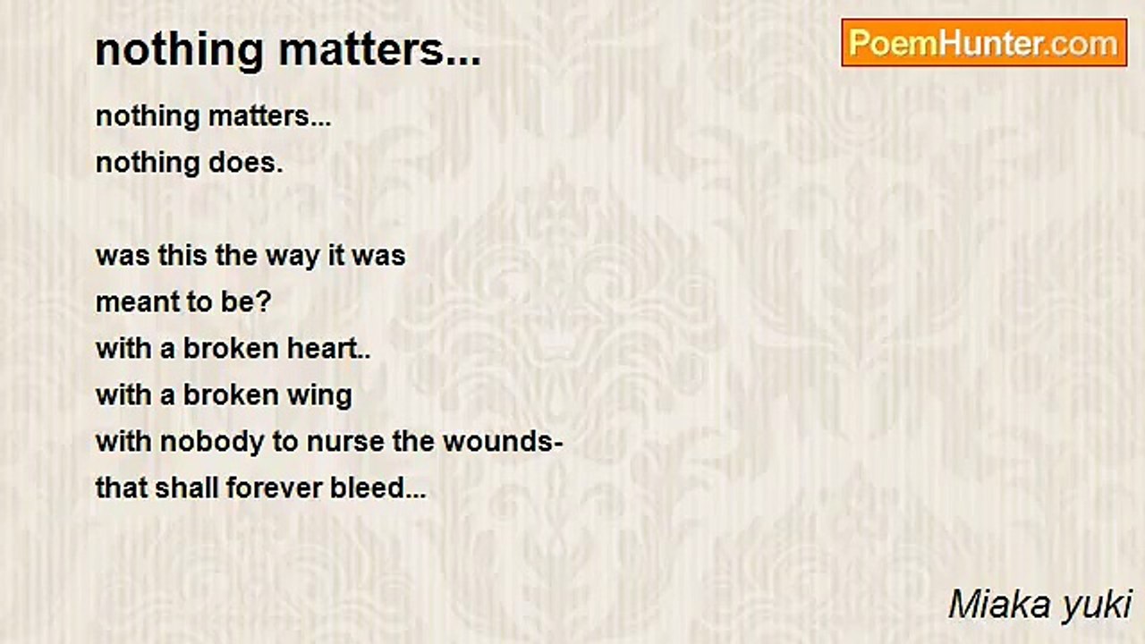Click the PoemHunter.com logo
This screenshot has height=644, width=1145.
(984, 43)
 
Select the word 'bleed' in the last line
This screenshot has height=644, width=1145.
(368, 488)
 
